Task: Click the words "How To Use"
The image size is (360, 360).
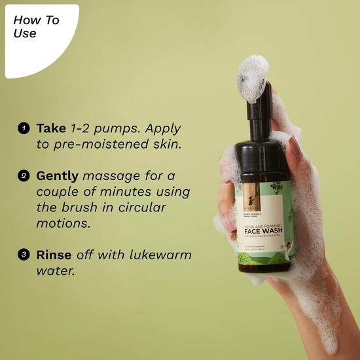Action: (x=36, y=26)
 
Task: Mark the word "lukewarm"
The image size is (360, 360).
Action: (x=159, y=255)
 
